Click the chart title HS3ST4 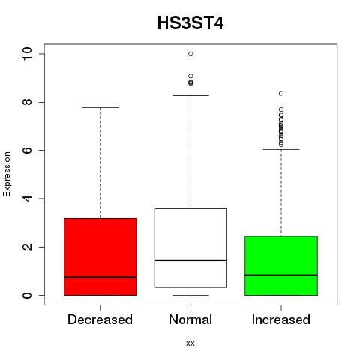point(190,23)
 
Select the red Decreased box point(100,256)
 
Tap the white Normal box point(190,248)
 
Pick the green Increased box point(281,265)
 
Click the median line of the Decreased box point(100,277)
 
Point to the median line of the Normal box point(190,260)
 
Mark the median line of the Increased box point(281,275)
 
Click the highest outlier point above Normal point(190,54)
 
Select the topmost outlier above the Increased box point(281,93)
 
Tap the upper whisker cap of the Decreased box point(100,107)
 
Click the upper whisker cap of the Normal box point(190,95)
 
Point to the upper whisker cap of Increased point(281,149)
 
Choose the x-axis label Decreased point(100,319)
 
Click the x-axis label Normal point(190,319)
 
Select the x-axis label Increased point(281,319)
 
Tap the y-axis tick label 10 point(27,54)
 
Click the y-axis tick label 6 point(27,150)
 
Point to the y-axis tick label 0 point(27,295)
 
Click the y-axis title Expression point(7,174)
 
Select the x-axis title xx point(190,343)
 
